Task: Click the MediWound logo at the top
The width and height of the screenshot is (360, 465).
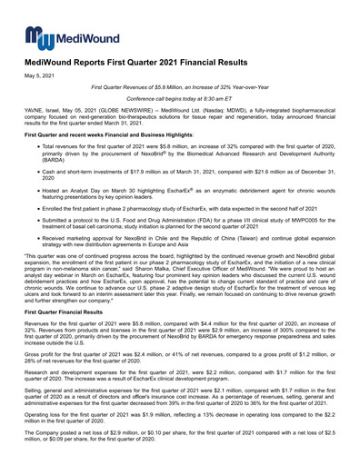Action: tap(56, 37)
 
